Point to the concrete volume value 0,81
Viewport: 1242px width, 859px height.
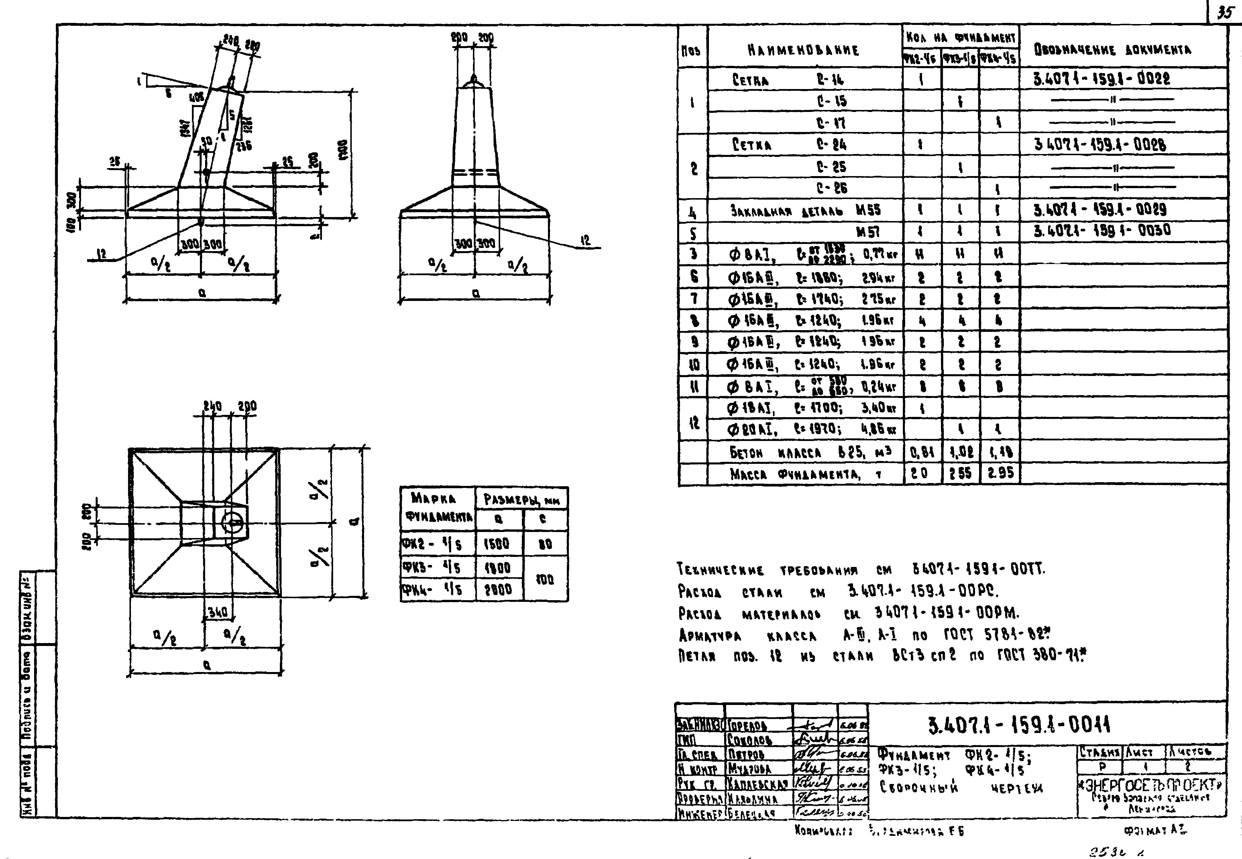pyautogui.click(x=922, y=452)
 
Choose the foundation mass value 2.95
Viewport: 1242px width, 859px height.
pyautogui.click(x=1000, y=473)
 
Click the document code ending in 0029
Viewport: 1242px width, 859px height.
pyautogui.click(x=1100, y=209)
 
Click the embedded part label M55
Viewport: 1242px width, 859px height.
pyautogui.click(x=868, y=210)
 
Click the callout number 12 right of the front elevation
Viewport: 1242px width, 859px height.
pyautogui.click(x=586, y=240)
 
